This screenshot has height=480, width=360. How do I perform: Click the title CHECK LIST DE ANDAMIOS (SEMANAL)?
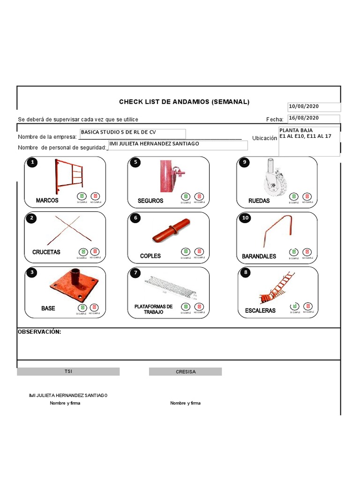[x=184, y=102]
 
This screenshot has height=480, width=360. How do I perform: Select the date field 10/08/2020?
[x=314, y=107]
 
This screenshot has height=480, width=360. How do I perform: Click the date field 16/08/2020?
[x=314, y=118]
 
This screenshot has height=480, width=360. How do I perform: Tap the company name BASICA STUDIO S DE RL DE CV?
[x=133, y=133]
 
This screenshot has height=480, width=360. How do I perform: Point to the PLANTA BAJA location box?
[x=309, y=141]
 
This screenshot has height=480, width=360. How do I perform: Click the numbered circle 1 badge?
[x=32, y=163]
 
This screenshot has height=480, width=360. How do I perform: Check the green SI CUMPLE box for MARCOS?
[x=82, y=196]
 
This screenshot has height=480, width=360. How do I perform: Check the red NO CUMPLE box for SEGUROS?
[x=199, y=196]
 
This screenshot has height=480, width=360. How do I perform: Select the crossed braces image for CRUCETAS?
[x=66, y=230]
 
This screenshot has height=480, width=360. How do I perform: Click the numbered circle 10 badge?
[x=245, y=218]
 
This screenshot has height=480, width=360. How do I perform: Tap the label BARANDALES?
[x=259, y=256]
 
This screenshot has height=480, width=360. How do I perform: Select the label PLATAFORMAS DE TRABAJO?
[x=153, y=309]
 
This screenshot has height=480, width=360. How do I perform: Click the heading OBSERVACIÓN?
[x=39, y=332]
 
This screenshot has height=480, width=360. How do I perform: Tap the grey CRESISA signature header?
[x=185, y=372]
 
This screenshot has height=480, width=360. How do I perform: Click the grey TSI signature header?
[x=68, y=371]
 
